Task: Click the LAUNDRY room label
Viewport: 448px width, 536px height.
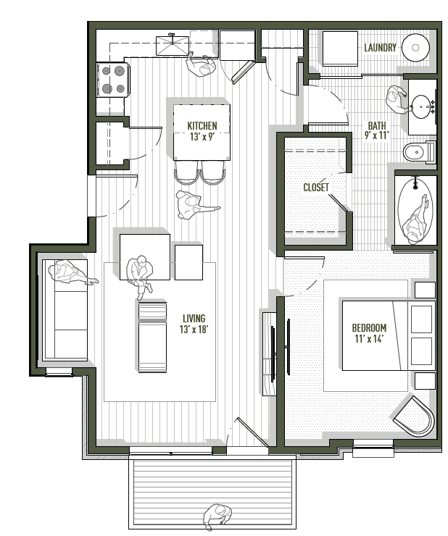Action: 380,48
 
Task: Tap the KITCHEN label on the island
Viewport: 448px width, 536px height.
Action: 202,125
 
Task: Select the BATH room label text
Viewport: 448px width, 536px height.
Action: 377,124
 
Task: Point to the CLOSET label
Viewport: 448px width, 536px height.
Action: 316,188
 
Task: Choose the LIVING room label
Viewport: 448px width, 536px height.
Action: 194,318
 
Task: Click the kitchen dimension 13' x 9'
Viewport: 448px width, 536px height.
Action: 202,136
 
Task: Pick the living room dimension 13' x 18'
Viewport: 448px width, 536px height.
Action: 194,330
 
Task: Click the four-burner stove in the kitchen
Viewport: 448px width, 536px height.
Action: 114,80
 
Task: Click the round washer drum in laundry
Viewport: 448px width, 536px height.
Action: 415,48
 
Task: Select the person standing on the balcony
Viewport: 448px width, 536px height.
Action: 216,516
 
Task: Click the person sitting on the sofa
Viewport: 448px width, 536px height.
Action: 70,274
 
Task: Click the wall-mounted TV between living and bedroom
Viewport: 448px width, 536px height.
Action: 273,344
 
